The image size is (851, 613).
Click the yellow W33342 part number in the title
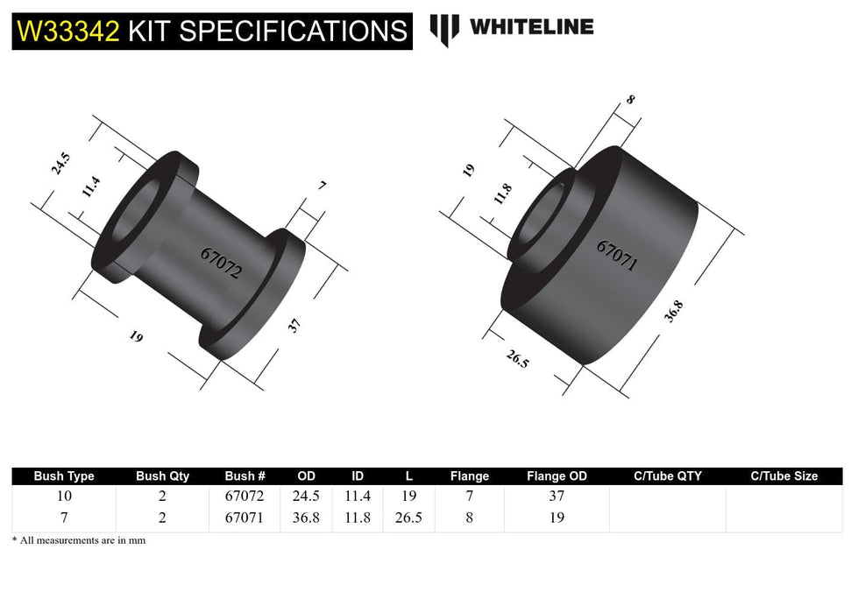67,32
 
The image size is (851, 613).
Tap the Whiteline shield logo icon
444,30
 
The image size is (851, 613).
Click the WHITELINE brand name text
531,27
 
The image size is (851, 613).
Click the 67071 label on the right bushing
616,255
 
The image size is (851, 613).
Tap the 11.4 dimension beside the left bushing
92,187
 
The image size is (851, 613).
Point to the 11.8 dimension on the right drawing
502,194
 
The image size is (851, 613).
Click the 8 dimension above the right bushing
630,99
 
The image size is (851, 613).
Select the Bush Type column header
64,476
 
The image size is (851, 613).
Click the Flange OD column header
557,476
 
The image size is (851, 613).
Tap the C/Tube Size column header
784,476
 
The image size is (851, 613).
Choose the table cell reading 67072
245,496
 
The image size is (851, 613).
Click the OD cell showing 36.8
305,518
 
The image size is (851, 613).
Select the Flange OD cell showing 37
557,496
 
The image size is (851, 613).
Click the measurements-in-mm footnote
79,540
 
